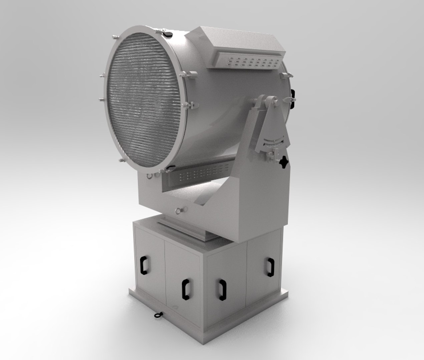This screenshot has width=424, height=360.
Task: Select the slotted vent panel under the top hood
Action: click(251, 61)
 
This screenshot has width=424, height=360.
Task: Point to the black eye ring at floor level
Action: click(157, 315)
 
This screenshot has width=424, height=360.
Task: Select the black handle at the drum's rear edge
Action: click(293, 98)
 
